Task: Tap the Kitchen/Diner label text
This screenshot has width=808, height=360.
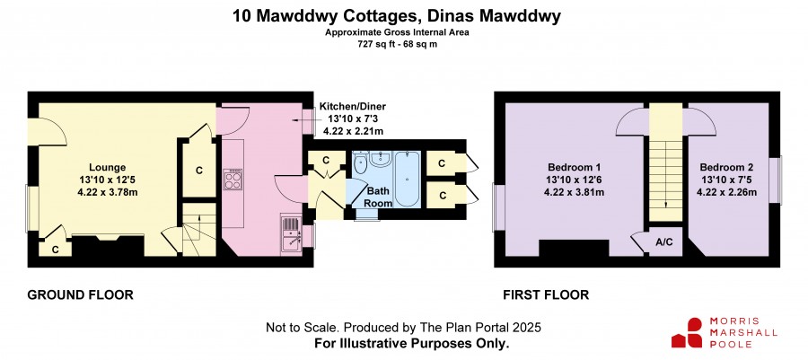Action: [353, 107]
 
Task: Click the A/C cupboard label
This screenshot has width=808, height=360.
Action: [664, 242]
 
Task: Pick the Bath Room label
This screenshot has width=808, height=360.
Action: [379, 198]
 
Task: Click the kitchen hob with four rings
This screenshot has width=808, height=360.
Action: [233, 180]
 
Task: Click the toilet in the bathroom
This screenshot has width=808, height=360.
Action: [360, 163]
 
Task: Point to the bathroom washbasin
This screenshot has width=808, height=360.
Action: [381, 159]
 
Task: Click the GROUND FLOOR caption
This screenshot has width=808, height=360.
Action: [80, 295]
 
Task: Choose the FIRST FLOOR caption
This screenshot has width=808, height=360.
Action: [546, 295]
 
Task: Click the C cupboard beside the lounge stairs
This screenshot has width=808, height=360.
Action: [199, 171]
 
